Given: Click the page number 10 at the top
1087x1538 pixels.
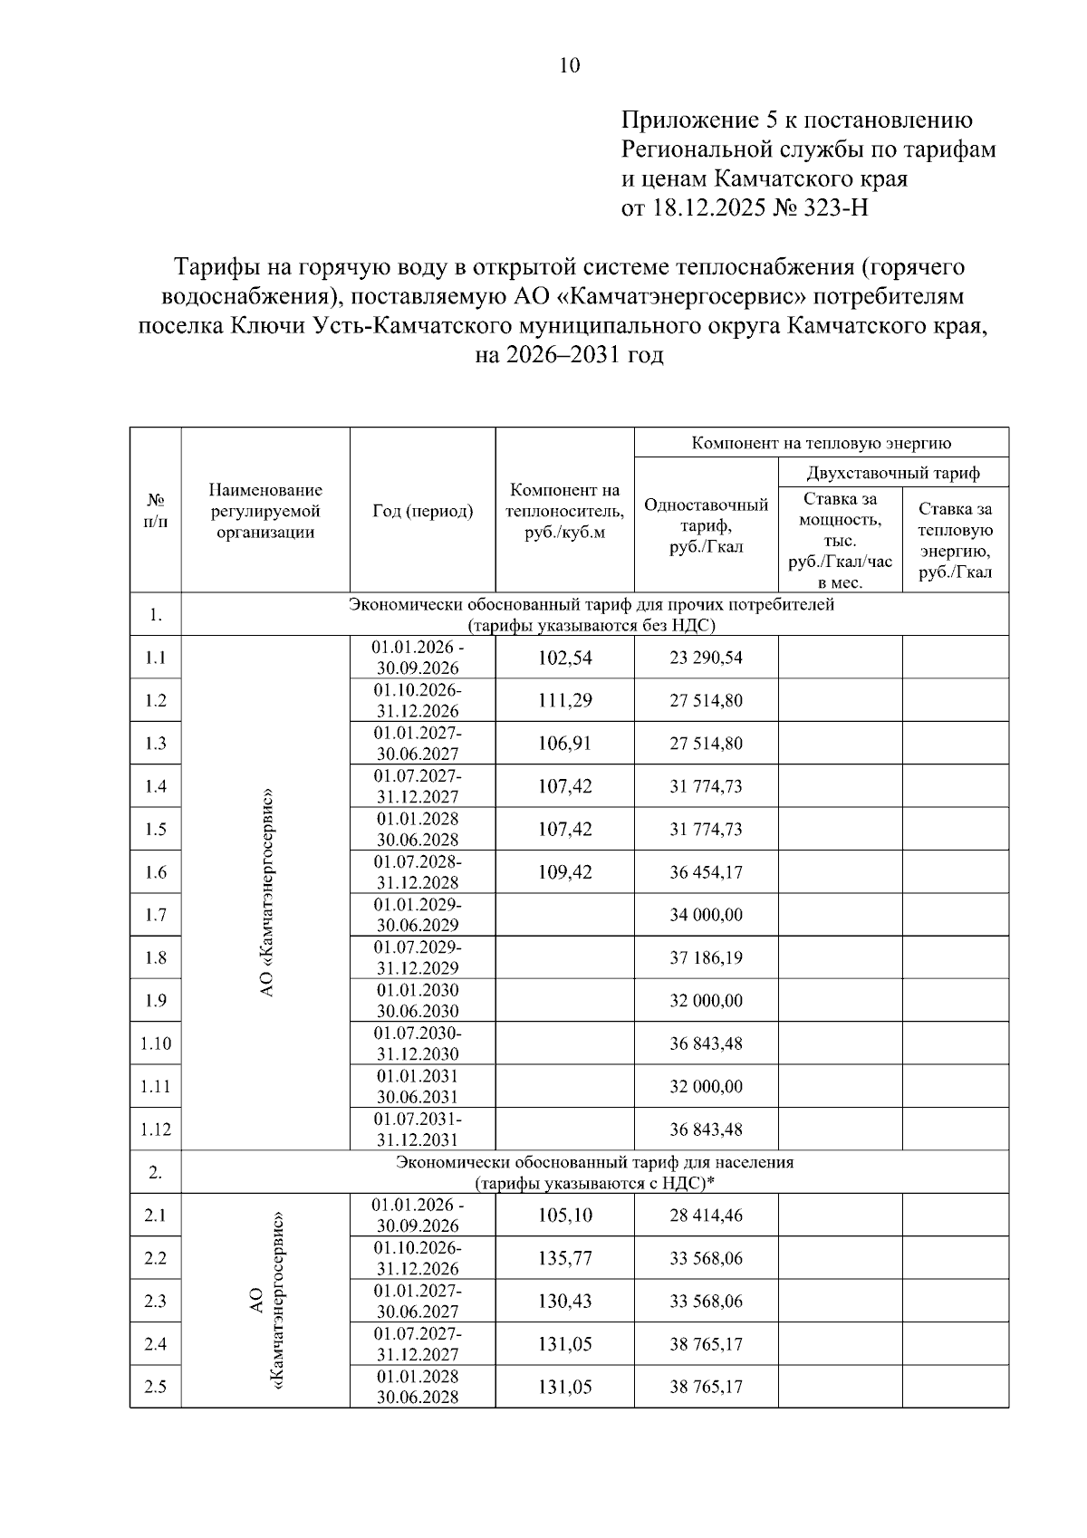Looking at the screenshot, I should [570, 65].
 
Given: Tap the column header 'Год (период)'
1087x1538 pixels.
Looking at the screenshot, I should [422, 511].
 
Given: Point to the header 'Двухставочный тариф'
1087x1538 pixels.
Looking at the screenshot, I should [893, 472].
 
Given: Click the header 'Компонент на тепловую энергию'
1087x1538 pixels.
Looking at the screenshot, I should [821, 443].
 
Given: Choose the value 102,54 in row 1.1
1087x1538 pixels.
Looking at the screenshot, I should [564, 658].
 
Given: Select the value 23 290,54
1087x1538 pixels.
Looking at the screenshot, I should [706, 658].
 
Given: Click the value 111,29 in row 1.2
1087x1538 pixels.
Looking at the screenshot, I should [564, 700].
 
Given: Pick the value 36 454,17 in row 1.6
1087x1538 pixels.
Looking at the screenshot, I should [706, 872].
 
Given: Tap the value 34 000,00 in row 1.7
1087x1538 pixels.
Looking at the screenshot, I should [706, 915].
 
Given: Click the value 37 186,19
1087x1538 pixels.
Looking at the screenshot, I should [706, 957].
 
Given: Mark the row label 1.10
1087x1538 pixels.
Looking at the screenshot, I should [155, 1043].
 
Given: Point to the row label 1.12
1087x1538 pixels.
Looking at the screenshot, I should [155, 1129].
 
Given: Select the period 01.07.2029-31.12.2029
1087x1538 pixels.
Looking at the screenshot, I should [418, 957].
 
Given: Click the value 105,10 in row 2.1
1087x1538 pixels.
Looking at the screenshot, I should [564, 1216].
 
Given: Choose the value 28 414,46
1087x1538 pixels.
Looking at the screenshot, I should [706, 1216].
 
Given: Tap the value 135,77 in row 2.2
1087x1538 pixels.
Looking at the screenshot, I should [564, 1258].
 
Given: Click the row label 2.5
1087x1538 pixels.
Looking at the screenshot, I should [155, 1387].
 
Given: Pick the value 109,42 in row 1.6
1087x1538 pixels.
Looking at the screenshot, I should [564, 872].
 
